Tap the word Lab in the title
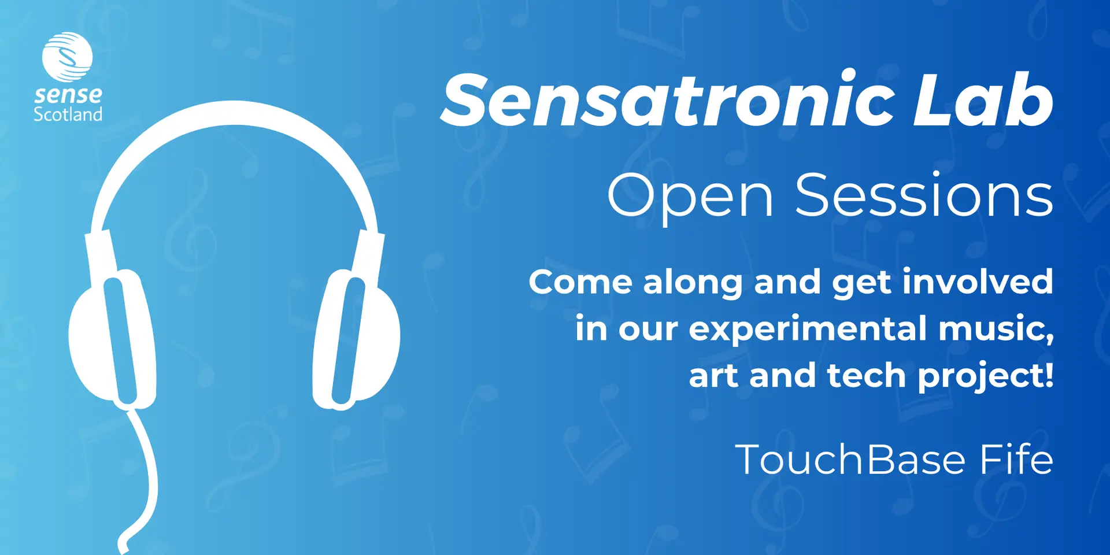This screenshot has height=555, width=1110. click(x=983, y=99)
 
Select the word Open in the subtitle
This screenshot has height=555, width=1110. click(x=690, y=197)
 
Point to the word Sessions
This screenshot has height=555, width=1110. click(x=924, y=195)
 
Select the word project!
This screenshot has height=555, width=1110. click(x=986, y=377)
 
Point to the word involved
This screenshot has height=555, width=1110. click(x=978, y=282)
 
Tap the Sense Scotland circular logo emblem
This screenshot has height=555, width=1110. click(x=67, y=57)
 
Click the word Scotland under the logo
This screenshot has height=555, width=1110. click(x=68, y=114)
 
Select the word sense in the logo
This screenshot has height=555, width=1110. click(x=68, y=94)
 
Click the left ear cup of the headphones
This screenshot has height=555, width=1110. click(x=112, y=339)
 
